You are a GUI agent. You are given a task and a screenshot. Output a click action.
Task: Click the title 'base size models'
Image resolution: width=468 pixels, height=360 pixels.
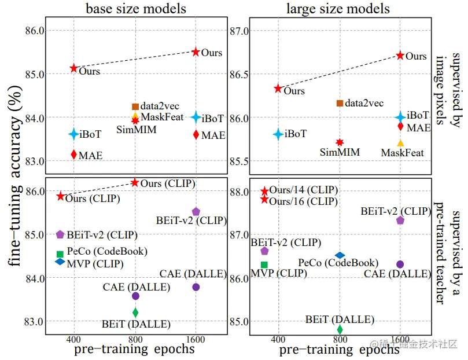(136, 8)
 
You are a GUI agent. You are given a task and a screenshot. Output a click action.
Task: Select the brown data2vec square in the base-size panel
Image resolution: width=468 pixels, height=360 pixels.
(135, 106)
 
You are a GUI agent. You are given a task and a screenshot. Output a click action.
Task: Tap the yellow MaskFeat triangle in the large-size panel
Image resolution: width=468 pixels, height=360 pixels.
(400, 142)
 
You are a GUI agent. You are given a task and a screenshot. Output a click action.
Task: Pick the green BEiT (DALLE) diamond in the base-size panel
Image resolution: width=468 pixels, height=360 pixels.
(135, 313)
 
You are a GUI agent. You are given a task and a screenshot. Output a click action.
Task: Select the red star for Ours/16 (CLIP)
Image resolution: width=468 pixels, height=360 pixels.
(265, 199)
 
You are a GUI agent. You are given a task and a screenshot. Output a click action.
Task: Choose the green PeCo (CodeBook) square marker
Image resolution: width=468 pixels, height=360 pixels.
(60, 254)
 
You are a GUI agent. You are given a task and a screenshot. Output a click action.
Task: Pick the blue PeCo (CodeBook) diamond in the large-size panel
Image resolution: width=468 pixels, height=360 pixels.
(340, 255)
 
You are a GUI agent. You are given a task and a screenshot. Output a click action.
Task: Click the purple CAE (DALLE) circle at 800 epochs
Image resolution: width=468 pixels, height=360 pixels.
(135, 296)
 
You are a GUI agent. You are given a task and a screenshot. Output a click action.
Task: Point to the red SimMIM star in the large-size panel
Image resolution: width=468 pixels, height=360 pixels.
(340, 142)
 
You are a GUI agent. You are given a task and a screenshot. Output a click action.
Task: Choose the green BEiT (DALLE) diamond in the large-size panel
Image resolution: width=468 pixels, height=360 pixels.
(340, 329)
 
